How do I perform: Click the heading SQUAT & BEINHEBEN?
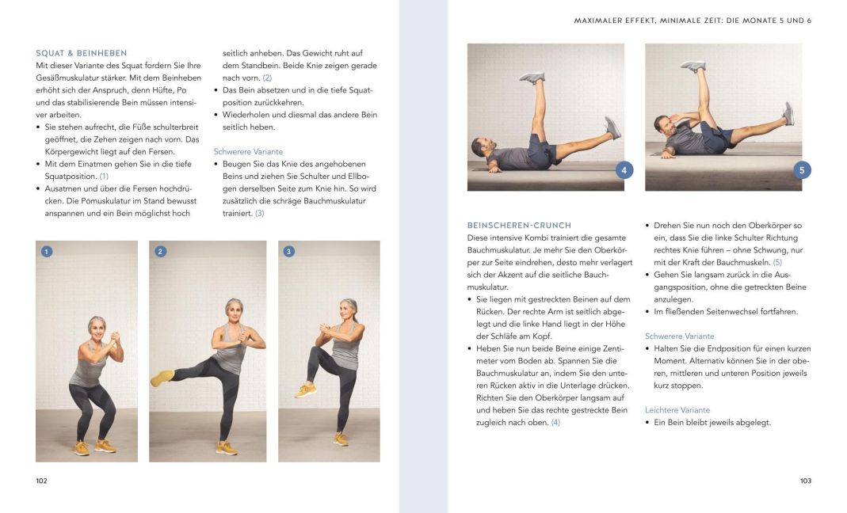[x=82, y=53]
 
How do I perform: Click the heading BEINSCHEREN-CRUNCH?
[x=519, y=226]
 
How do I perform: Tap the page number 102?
[x=42, y=481]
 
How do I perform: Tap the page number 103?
[x=805, y=481]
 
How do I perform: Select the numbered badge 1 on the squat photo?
[x=47, y=252]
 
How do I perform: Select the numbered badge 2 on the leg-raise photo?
[x=161, y=252]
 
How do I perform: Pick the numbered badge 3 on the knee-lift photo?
[x=289, y=252]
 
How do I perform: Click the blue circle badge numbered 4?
[x=624, y=170]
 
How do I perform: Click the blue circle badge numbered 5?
[x=802, y=170]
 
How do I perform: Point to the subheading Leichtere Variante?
[x=677, y=410]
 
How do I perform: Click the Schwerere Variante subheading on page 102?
[x=248, y=151]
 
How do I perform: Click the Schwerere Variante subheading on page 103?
[x=679, y=336]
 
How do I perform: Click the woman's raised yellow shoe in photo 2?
[x=162, y=378]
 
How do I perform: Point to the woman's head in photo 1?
[x=97, y=325]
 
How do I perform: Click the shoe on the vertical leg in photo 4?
[x=532, y=77]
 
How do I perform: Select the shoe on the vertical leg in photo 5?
[x=692, y=66]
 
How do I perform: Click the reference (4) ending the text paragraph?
[x=555, y=423]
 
